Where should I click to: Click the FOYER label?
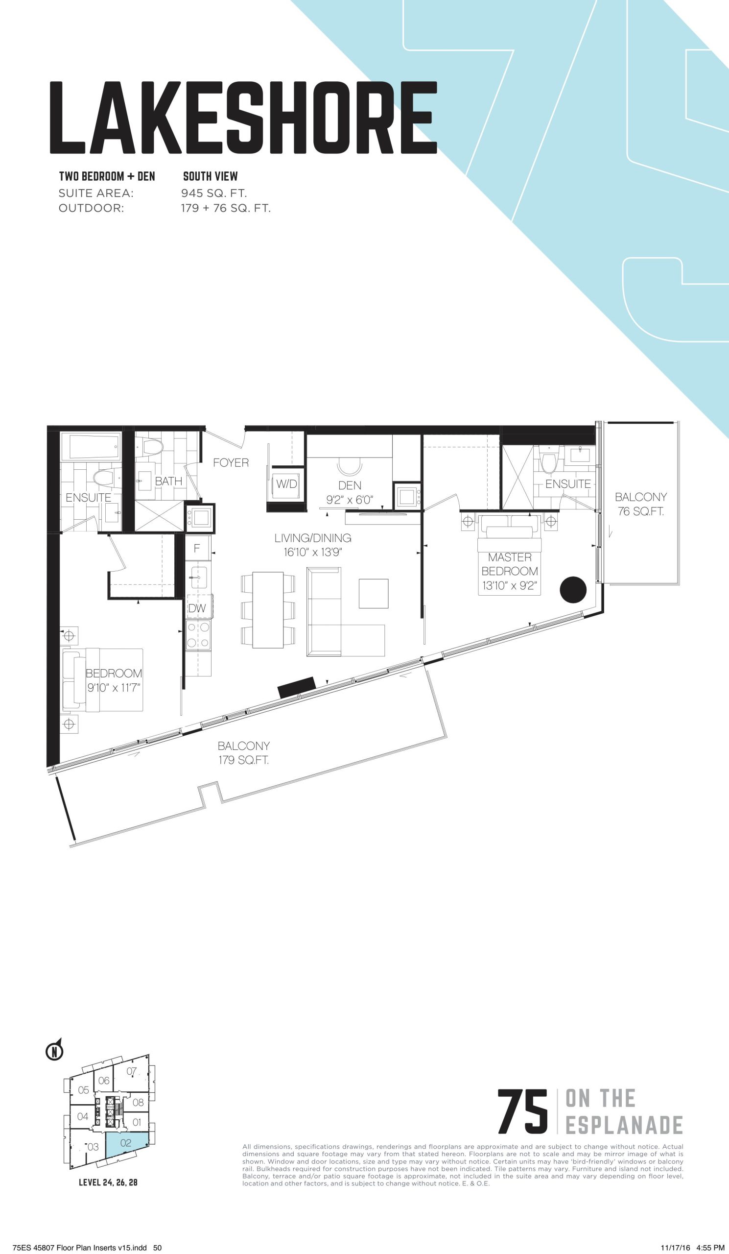tap(231, 463)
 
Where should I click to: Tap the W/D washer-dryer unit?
tap(286, 484)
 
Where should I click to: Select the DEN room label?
tap(350, 485)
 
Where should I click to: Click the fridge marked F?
tap(197, 548)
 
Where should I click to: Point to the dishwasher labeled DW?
tap(197, 607)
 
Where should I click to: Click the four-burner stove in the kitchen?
tap(198, 634)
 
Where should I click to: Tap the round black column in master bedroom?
tap(573, 590)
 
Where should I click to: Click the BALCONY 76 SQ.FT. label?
tap(640, 504)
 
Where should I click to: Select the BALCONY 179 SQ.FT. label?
tap(244, 753)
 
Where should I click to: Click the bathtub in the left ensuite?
tap(95, 446)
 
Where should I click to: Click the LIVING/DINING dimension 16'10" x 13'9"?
tap(313, 553)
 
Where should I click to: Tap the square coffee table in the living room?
tap(374, 593)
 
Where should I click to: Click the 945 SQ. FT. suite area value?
tap(214, 193)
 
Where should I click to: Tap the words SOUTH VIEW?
tap(211, 176)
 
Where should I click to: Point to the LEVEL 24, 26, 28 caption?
tap(108, 1182)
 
